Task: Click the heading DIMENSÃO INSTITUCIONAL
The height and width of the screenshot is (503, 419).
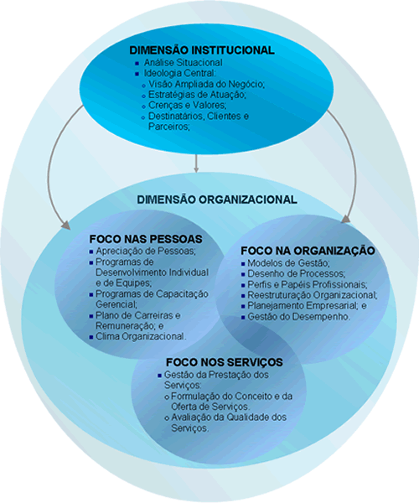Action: [x=202, y=50]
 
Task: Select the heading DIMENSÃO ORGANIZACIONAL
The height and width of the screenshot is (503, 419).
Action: [x=217, y=200]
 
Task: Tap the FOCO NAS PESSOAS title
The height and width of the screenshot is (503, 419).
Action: [x=146, y=239]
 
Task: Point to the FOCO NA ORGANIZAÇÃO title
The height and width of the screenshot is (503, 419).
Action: [x=308, y=251]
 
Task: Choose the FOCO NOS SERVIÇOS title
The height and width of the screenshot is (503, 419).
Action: [x=225, y=362]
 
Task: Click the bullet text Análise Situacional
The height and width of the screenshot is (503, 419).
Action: [x=183, y=62]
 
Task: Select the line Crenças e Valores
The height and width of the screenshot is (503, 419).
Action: [x=188, y=106]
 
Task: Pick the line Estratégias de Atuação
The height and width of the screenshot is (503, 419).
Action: [x=197, y=95]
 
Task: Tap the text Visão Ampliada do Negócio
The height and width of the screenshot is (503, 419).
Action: [x=206, y=84]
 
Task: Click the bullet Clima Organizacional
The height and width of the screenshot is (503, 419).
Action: [x=141, y=336]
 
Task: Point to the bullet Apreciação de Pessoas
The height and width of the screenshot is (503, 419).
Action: [x=146, y=251]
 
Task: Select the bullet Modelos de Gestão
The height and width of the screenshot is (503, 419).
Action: [x=288, y=263]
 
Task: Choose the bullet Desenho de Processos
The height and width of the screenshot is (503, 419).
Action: [x=296, y=273]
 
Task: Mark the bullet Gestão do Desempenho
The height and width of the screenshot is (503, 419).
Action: [x=299, y=317]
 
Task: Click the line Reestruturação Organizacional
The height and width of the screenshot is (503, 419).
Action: [x=313, y=295]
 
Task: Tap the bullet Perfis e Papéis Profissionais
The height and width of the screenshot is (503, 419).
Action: [x=308, y=284]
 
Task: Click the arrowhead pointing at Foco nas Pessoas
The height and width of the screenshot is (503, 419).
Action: [x=65, y=226]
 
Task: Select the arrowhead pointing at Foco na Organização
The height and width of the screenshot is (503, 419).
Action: [x=346, y=219]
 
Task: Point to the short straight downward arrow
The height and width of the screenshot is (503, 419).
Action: [x=196, y=163]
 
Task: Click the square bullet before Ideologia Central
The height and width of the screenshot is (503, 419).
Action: [x=137, y=74]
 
